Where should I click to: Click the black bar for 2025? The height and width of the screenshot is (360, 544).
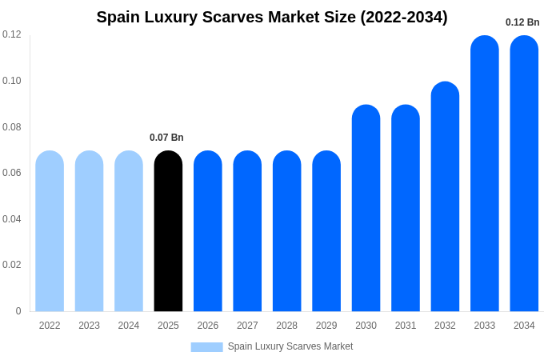pyautogui.click(x=168, y=231)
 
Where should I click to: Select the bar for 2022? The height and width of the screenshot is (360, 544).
pyautogui.click(x=50, y=231)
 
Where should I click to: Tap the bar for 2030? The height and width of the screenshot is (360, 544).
pyautogui.click(x=366, y=208)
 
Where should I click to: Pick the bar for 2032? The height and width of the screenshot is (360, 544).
pyautogui.click(x=445, y=197)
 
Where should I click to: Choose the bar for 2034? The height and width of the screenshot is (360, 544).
pyautogui.click(x=524, y=174)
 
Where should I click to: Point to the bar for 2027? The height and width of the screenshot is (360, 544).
pyautogui.click(x=247, y=231)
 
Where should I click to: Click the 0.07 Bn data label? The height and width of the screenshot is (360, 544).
pyautogui.click(x=166, y=138)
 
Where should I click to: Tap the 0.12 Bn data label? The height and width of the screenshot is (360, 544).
pyautogui.click(x=522, y=22)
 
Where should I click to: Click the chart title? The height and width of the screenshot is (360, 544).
pyautogui.click(x=272, y=17)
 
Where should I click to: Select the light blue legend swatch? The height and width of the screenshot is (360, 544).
pyautogui.click(x=206, y=346)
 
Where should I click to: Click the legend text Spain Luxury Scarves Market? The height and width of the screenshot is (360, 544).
pyautogui.click(x=290, y=346)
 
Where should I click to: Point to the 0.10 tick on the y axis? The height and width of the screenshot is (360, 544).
pyautogui.click(x=12, y=81)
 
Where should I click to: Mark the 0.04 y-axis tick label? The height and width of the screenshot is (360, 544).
pyautogui.click(x=12, y=219)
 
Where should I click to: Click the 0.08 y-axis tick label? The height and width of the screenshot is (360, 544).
pyautogui.click(x=12, y=127)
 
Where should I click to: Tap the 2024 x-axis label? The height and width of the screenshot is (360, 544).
pyautogui.click(x=129, y=326)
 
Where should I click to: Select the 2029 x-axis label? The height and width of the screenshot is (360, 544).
pyautogui.click(x=326, y=326)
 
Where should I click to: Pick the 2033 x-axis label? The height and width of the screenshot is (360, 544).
pyautogui.click(x=484, y=326)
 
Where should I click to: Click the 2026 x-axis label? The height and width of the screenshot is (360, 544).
pyautogui.click(x=208, y=326)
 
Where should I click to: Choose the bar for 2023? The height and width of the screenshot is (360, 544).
pyautogui.click(x=89, y=231)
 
